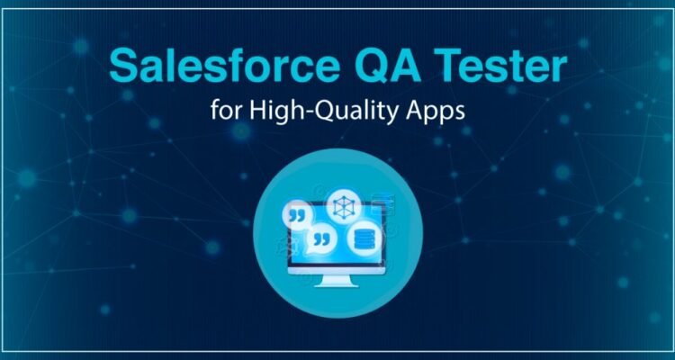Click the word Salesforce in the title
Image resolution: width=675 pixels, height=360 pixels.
(x=220, y=67)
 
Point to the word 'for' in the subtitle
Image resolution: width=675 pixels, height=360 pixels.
(x=227, y=111)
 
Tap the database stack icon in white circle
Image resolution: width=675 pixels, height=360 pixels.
(x=363, y=238)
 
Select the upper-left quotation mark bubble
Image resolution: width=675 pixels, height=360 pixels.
(x=296, y=215)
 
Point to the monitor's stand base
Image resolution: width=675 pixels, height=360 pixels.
(x=337, y=283)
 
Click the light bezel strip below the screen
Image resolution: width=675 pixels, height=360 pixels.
(x=337, y=270)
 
